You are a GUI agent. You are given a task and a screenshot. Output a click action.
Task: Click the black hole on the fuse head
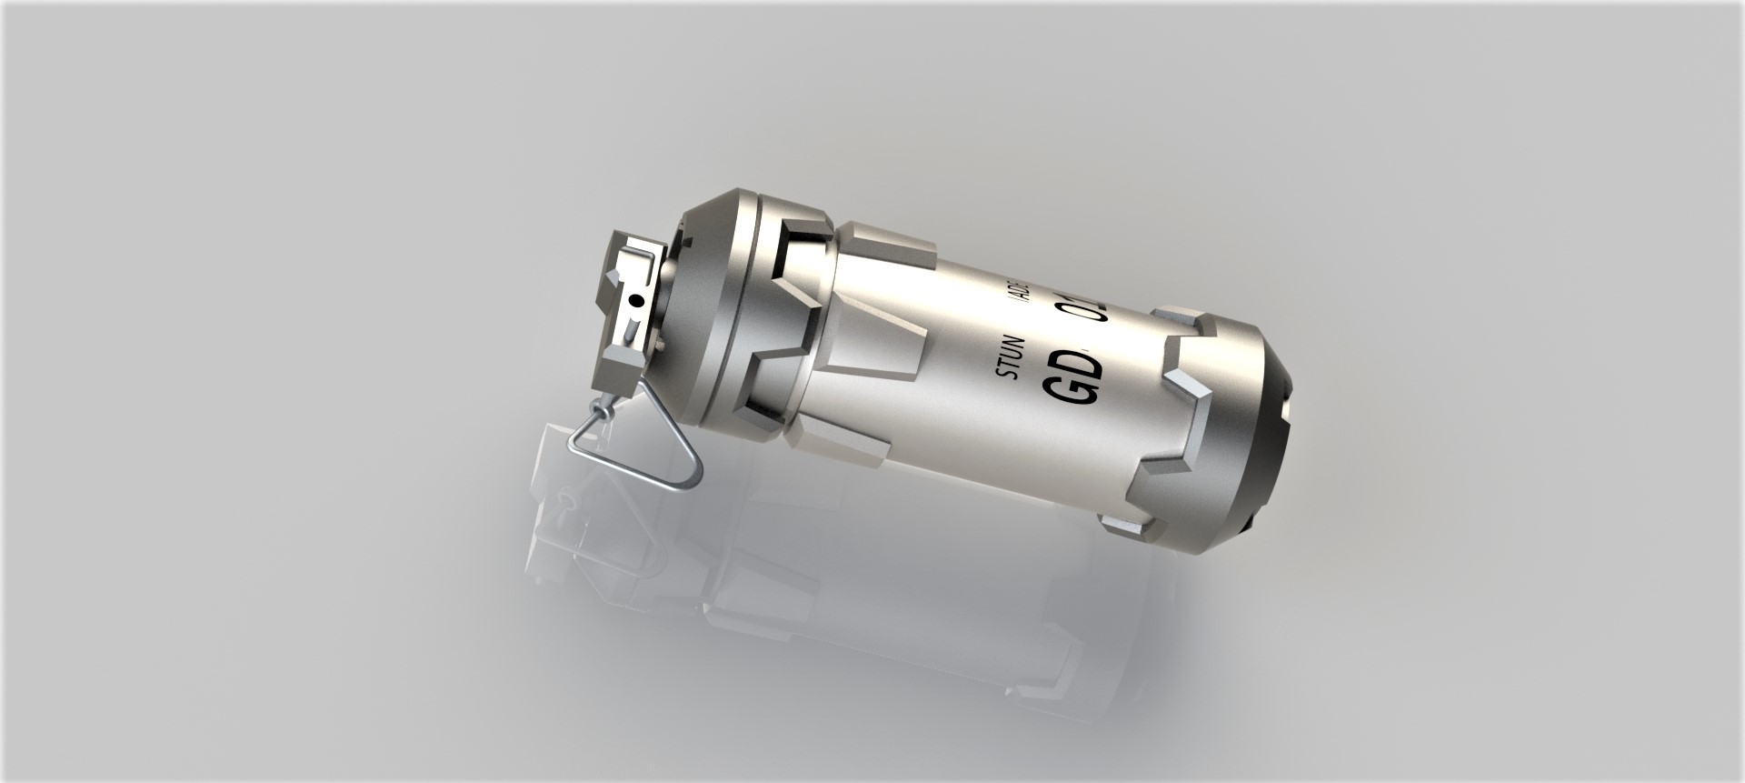coord(636,299)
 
